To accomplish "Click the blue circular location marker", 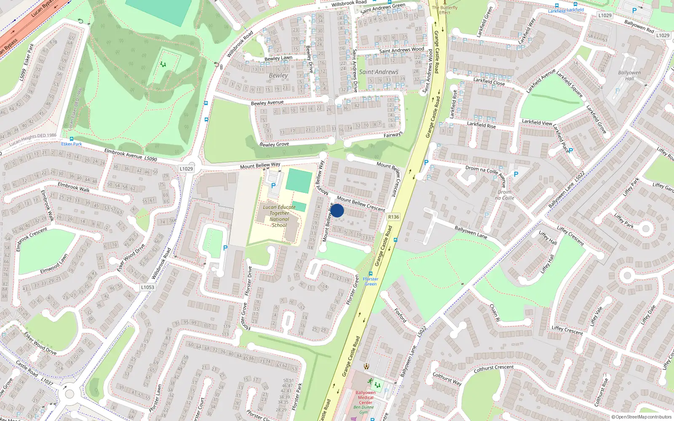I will coord(337,210).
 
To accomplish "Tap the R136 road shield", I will coord(393,217).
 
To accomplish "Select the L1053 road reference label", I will coord(147,287).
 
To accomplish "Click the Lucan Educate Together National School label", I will coord(279,216).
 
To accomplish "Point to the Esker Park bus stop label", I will coord(72,144).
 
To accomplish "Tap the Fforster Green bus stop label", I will coord(371,281).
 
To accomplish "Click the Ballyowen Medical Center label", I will coord(366,397).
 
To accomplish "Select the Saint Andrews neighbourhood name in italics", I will coord(378,72).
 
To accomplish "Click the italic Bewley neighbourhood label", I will coord(278,75).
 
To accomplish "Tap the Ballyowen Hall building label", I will coord(629,75).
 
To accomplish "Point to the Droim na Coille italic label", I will coord(504,195).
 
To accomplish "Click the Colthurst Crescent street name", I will coord(494,369).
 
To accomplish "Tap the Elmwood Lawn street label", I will coord(54,264).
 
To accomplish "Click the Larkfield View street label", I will coord(537,122).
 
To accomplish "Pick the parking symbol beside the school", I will coord(273,186).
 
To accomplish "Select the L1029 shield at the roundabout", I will coord(186,169).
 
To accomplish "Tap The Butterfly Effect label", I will coord(444,10).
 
